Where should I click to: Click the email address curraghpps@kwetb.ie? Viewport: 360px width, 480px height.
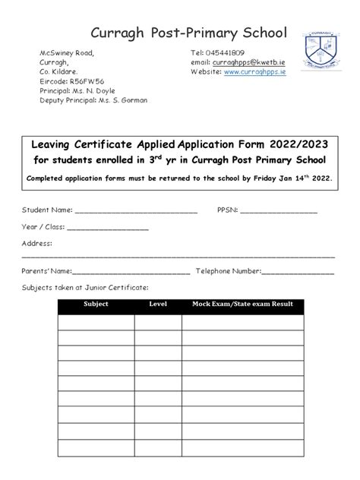[x=250, y=62]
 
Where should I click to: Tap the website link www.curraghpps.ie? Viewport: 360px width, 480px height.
[x=254, y=71]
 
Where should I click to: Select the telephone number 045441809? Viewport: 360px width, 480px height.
[x=226, y=52]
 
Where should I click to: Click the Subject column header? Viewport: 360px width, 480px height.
[x=96, y=304]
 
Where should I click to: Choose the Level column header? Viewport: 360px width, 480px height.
[x=158, y=304]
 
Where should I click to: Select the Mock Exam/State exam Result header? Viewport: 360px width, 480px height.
[x=242, y=304]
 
